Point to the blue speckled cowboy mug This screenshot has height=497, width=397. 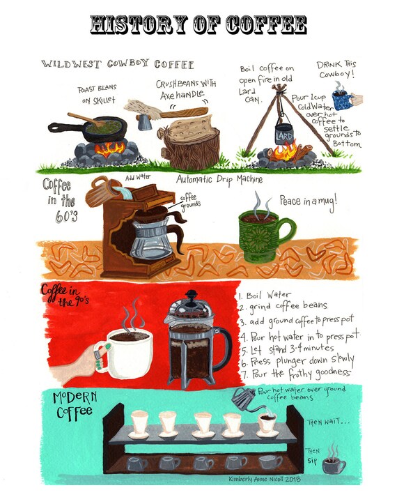(343, 98)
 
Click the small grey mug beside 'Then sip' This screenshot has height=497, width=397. (332, 464)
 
